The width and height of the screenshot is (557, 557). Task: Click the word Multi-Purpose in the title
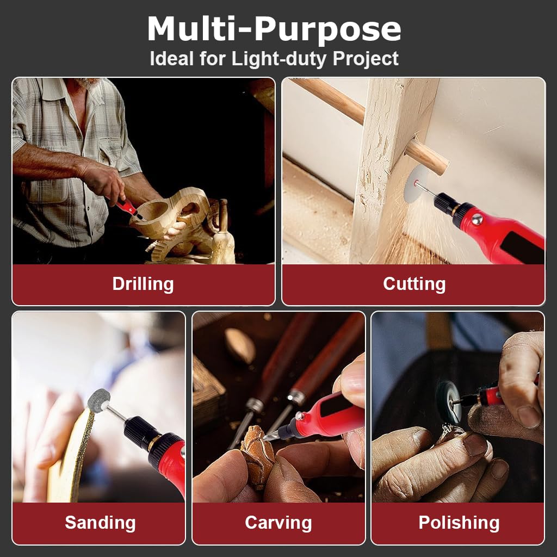point(274,30)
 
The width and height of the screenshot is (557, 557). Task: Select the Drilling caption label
point(143,284)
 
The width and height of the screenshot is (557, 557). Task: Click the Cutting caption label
point(414,284)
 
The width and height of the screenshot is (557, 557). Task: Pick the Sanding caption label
point(100,523)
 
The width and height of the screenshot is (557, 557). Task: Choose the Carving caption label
point(278,523)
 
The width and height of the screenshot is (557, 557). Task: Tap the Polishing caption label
point(459,523)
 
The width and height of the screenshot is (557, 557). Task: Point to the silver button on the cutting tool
point(477,219)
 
